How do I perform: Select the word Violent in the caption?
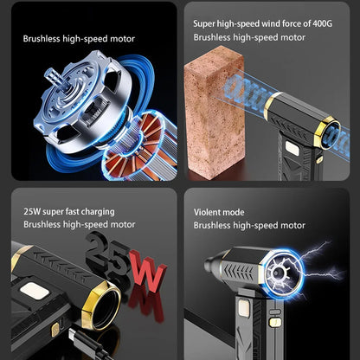coord(208,211)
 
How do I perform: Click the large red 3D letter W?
coord(146,274)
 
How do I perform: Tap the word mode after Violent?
coord(234,211)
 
